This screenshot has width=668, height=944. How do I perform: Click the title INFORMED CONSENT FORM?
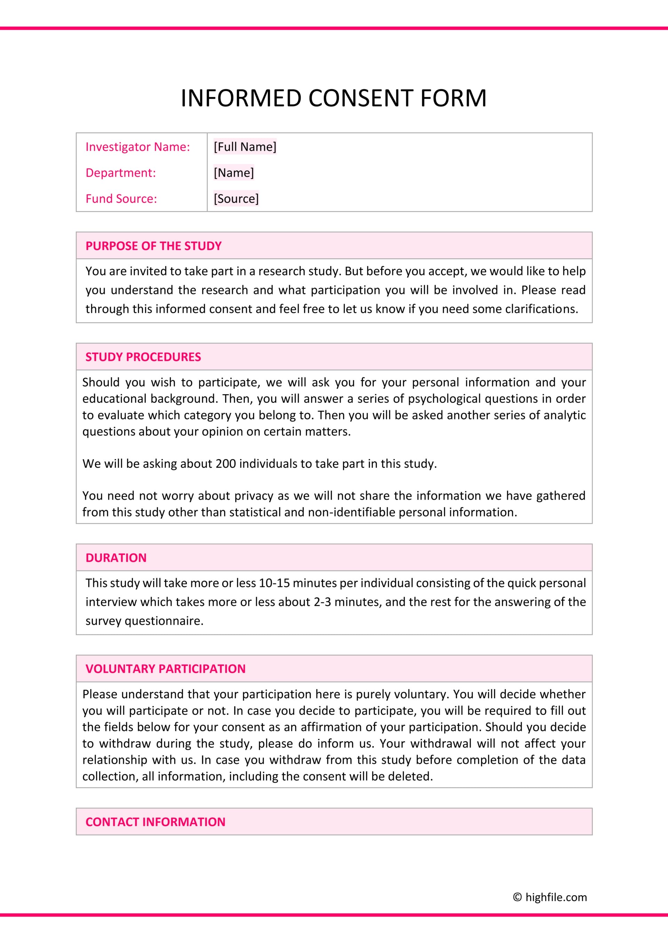point(334,98)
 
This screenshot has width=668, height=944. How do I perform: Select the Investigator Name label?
point(138,147)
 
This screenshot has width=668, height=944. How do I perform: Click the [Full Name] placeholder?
point(245,147)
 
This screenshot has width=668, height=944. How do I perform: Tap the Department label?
point(120,173)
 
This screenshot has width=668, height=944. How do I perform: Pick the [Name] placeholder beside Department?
point(234,173)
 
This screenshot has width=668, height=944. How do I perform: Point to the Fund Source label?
point(121,199)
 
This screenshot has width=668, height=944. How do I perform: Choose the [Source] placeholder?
point(236,199)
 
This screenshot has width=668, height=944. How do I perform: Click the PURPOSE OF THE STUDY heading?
point(153,246)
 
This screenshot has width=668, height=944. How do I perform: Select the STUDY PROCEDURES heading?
point(143,357)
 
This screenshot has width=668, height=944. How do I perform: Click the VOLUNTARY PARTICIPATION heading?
point(165,669)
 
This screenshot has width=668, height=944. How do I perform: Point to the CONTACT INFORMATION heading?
point(156,822)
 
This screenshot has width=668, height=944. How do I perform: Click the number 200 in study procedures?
point(225,464)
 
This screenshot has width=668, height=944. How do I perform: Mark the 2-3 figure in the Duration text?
point(322,602)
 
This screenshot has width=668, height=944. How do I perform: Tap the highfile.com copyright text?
point(550,897)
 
